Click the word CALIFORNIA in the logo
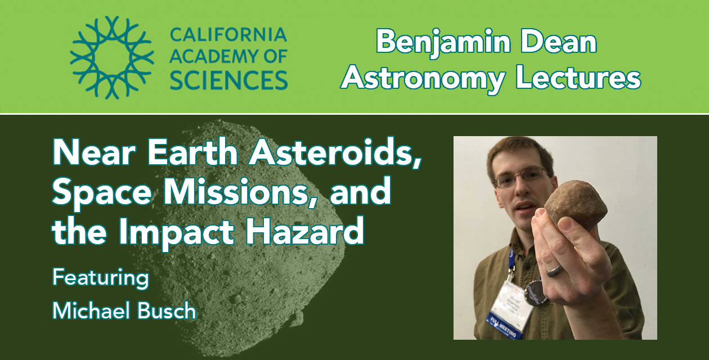[228, 35]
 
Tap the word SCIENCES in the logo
[228, 80]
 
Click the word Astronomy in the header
[423, 80]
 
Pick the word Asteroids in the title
[335, 153]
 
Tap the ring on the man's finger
[555, 270]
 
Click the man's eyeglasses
[521, 177]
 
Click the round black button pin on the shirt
[536, 294]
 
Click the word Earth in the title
[192, 153]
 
